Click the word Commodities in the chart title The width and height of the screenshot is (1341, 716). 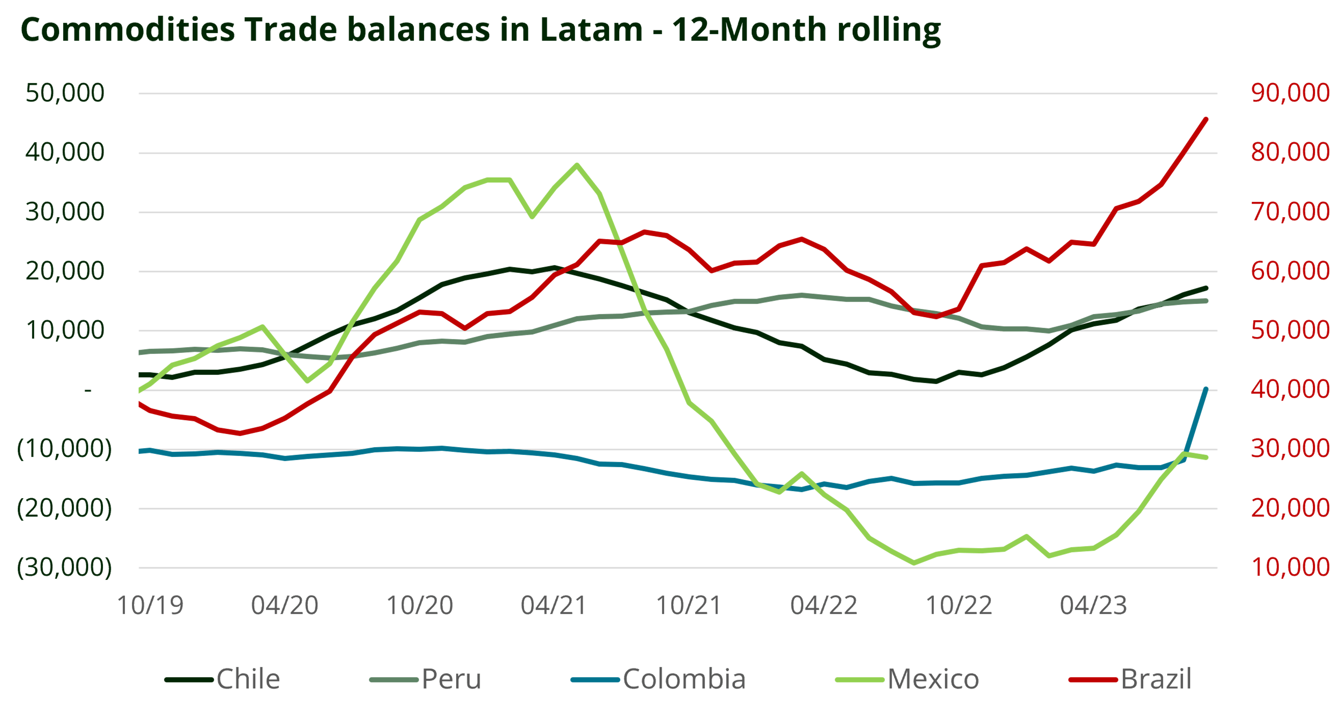(127, 30)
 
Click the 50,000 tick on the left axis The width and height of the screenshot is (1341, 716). (65, 93)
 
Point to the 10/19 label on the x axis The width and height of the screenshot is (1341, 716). (151, 605)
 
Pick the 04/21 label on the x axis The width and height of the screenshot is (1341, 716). (554, 605)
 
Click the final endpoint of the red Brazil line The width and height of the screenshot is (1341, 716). (1206, 119)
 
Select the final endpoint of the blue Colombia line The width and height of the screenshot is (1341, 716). (1206, 389)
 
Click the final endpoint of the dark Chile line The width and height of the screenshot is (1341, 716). (1206, 288)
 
